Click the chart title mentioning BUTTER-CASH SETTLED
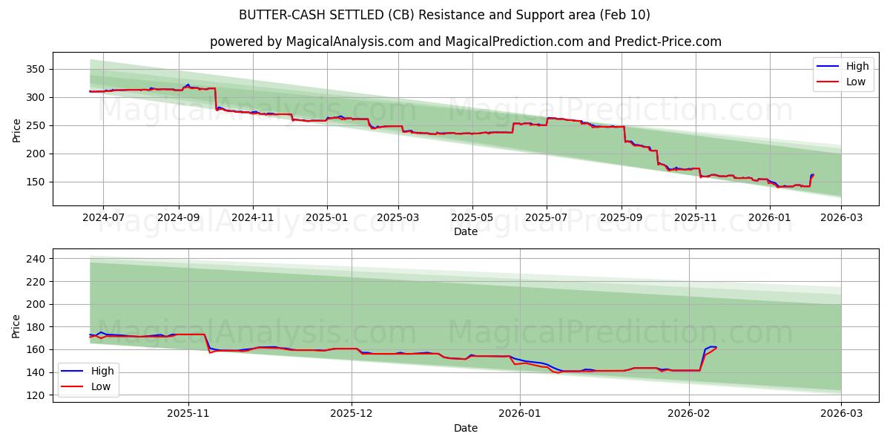[444, 15]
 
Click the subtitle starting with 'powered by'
[465, 42]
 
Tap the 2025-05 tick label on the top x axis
[472, 217]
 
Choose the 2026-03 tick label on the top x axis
[841, 217]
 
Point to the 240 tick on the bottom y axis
[37, 259]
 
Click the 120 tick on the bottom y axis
[37, 395]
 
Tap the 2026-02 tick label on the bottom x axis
[690, 414]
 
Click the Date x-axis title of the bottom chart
[465, 428]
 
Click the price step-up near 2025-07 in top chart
[547, 122]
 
